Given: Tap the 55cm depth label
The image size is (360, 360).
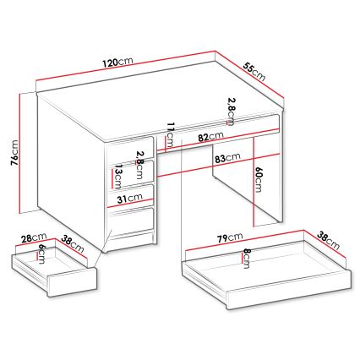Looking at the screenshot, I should (x=255, y=71).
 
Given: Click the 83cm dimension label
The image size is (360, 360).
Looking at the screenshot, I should (x=227, y=157).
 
